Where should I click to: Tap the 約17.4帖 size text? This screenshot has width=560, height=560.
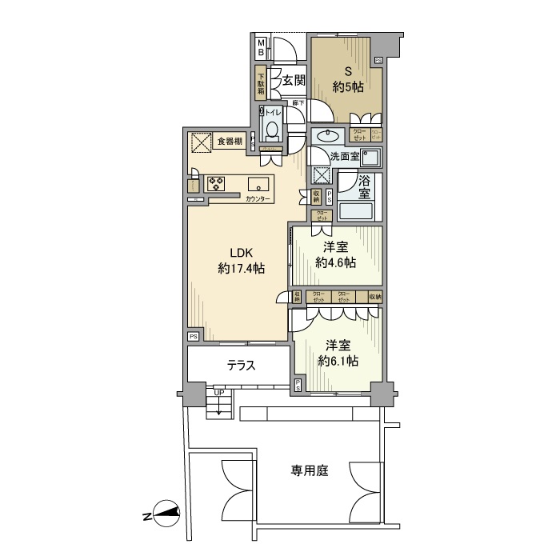(241, 269)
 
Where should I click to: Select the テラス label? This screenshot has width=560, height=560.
(240, 367)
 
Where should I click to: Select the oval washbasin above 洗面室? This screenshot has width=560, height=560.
(326, 134)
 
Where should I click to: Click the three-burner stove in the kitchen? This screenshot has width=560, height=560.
(217, 183)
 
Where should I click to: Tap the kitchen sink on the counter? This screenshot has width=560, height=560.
(258, 182)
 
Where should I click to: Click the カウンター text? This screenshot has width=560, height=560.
(258, 198)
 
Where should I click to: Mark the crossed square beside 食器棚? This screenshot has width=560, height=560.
(200, 142)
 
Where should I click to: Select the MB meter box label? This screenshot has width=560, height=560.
(260, 47)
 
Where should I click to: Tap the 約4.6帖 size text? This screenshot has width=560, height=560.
(336, 263)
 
